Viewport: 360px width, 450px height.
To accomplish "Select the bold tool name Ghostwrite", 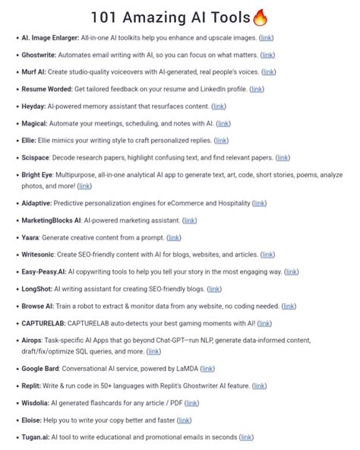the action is pyautogui.click(x=43, y=55).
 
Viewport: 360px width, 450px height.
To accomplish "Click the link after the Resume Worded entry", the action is pyautogui.click(x=257, y=89).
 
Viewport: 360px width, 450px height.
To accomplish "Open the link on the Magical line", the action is pyautogui.click(x=223, y=123).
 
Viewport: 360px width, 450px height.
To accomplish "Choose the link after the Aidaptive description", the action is pyautogui.click(x=259, y=203).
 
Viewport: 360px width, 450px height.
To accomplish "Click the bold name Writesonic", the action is pyautogui.click(x=43, y=255).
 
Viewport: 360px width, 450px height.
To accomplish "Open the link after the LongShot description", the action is pyautogui.click(x=214, y=289).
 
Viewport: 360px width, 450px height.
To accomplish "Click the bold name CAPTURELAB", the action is pyautogui.click(x=49, y=323).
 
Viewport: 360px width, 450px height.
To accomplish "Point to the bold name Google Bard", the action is pyautogui.click(x=45, y=369).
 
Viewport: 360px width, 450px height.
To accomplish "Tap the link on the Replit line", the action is pyautogui.click(x=259, y=385).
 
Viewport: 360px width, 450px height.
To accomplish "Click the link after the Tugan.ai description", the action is pyautogui.click(x=266, y=437).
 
